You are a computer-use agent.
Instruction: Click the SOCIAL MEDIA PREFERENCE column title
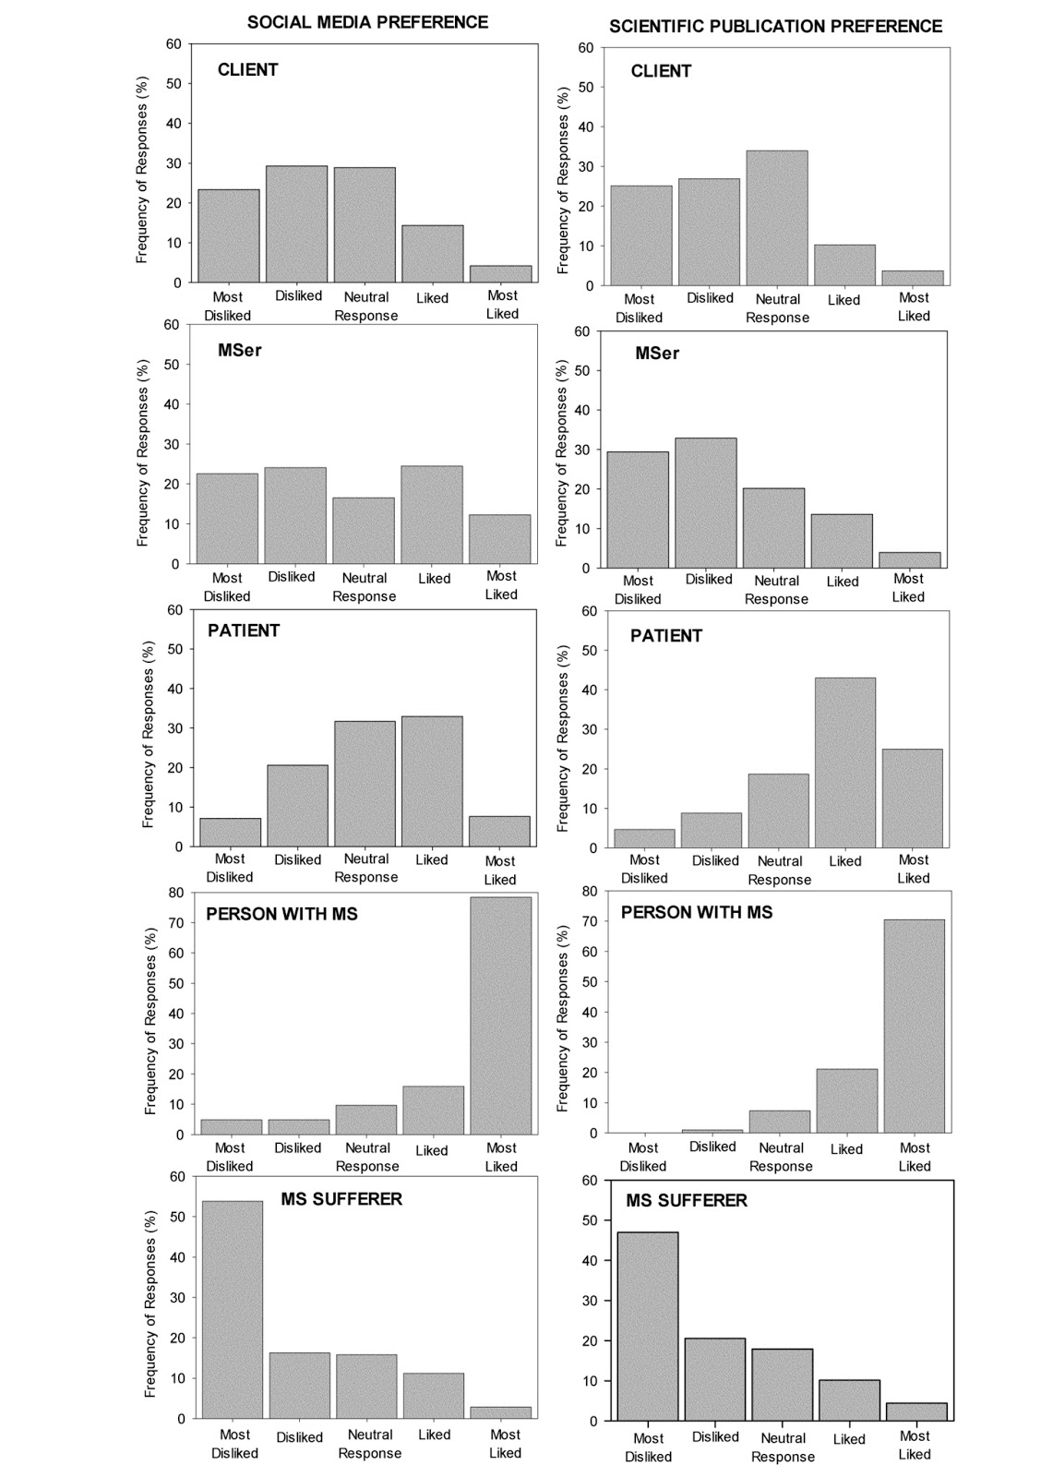[367, 22]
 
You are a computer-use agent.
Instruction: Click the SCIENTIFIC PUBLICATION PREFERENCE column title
[775, 26]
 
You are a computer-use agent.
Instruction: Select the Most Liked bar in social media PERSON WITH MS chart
[500, 1015]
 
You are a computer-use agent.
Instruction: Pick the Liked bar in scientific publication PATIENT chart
[844, 763]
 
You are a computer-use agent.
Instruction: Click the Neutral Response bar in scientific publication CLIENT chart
[777, 218]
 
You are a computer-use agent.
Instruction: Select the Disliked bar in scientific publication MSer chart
[706, 503]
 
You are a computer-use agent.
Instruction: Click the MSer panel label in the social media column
[240, 350]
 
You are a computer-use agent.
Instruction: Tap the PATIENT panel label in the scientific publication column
[666, 635]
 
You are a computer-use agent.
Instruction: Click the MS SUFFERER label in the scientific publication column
[687, 1200]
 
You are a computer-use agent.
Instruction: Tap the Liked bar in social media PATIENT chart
[432, 781]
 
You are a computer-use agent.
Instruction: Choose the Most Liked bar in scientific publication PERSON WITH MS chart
[914, 1026]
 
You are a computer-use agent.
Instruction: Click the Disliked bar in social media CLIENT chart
[296, 224]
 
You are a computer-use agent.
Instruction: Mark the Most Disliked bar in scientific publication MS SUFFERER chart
[648, 1326]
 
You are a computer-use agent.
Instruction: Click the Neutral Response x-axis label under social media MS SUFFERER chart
[369, 1444]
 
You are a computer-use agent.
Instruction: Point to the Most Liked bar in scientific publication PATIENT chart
[912, 798]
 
